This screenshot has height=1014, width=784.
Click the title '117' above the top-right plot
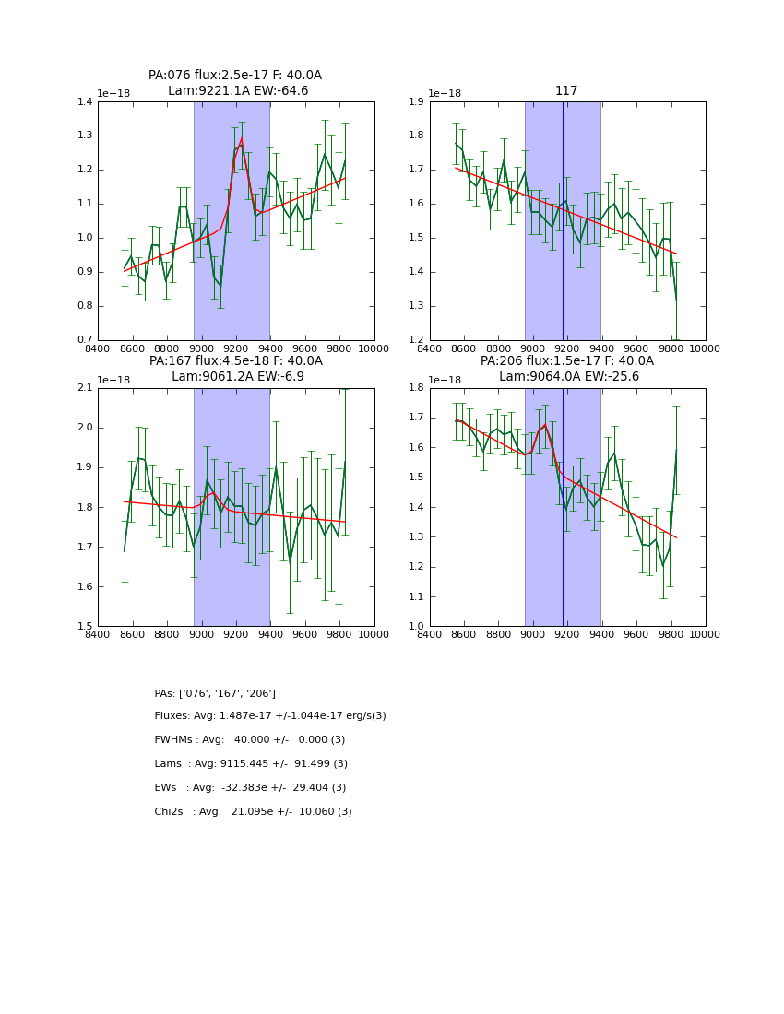(566, 90)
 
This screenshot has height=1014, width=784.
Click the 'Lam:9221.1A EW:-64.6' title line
(238, 90)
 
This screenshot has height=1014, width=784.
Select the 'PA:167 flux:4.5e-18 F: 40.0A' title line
(235, 360)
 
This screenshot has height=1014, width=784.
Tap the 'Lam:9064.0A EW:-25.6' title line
(566, 376)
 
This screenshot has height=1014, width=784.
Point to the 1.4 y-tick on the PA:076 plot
(85, 101)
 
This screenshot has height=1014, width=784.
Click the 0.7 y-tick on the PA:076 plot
(85, 340)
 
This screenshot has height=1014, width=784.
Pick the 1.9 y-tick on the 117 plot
(416, 101)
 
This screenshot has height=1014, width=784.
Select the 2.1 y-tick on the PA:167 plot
(85, 388)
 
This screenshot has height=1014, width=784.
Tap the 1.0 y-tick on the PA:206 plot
(416, 627)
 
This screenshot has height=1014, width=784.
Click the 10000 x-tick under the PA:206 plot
(705, 633)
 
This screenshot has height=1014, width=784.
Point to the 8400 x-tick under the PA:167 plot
(98, 633)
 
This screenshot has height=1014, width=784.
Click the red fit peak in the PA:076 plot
(242, 139)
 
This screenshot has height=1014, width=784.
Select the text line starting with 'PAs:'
(215, 693)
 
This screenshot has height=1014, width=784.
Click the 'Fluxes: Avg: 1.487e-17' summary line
(270, 716)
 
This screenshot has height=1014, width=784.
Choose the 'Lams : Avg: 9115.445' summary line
(251, 764)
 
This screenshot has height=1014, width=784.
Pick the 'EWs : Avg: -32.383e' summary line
(250, 788)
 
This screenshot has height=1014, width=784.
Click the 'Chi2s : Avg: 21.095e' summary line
(253, 812)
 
